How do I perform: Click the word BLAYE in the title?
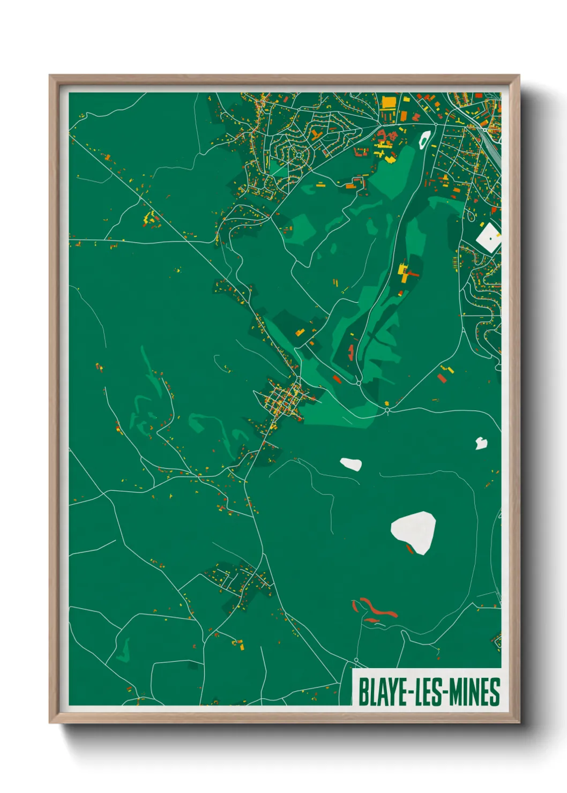click(382, 692)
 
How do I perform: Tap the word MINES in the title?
click(474, 692)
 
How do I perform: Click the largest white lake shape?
click(414, 531)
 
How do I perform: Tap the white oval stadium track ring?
click(424, 139)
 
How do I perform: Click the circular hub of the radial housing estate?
click(299, 155)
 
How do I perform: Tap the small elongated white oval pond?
click(351, 464)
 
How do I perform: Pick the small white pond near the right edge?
click(481, 443)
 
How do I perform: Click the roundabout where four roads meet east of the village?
click(387, 410)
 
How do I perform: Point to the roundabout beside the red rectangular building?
click(358, 383)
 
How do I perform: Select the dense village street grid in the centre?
click(284, 399)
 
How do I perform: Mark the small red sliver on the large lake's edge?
click(410, 549)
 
